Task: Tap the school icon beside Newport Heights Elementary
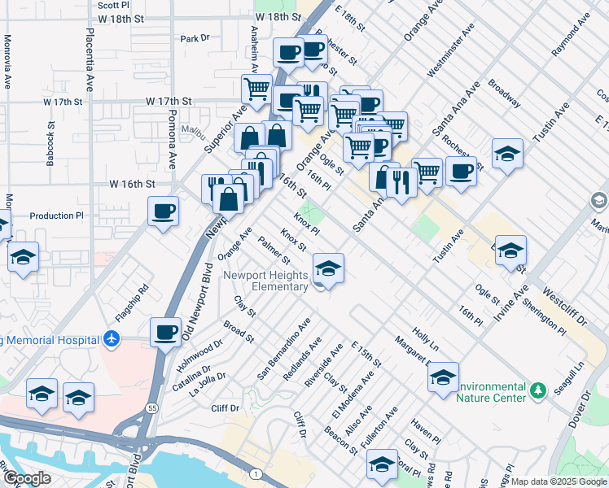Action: [327, 269]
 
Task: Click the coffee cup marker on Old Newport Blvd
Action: [166, 332]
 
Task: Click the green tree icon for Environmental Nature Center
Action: [537, 392]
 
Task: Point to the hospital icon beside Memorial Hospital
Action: [112, 339]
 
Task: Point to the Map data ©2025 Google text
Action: [559, 481]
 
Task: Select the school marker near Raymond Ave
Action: [506, 153]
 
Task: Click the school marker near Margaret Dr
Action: [442, 377]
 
